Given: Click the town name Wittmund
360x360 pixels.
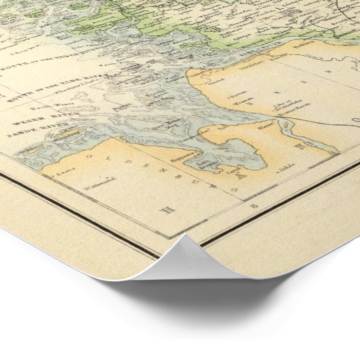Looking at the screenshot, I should (x=86, y=179).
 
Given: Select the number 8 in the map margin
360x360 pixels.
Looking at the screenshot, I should (x=254, y=204).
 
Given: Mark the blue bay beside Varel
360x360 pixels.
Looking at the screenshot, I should (x=234, y=156).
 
